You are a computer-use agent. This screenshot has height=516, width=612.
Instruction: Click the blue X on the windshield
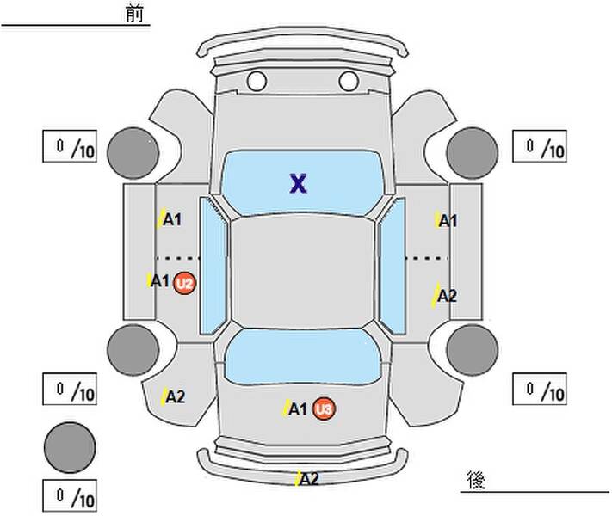click(x=299, y=184)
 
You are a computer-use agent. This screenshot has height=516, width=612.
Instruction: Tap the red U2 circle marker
click(x=184, y=283)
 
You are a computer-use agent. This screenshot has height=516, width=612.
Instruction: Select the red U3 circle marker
click(x=324, y=409)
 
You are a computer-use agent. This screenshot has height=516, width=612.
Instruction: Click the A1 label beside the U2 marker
click(x=160, y=280)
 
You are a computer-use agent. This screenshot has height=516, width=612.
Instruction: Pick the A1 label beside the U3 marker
click(x=298, y=409)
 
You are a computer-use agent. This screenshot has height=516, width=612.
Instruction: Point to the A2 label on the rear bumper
click(x=310, y=479)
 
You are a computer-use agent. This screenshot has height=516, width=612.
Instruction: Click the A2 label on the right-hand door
click(x=447, y=296)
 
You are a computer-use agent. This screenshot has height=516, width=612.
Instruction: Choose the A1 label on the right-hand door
click(x=448, y=221)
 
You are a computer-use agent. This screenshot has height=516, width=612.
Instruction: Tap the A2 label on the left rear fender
click(x=176, y=397)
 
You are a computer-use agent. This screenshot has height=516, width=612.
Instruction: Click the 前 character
click(x=134, y=14)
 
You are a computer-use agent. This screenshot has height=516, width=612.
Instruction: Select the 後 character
click(x=476, y=480)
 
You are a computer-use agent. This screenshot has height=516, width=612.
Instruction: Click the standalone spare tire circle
click(x=70, y=447)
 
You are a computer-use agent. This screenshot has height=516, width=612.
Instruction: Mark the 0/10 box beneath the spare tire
click(x=70, y=495)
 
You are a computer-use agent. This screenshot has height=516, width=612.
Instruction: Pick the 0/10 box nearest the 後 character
click(x=540, y=389)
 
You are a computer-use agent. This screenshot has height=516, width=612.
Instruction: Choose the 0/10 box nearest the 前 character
click(x=70, y=146)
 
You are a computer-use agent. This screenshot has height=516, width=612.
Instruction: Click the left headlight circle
click(x=257, y=81)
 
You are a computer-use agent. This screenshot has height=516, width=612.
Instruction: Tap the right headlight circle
click(x=349, y=81)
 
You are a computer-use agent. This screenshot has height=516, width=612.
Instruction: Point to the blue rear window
click(x=303, y=357)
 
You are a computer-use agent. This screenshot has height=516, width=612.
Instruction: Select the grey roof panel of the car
click(x=303, y=272)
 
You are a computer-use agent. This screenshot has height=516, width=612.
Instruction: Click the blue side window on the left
click(x=213, y=266)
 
